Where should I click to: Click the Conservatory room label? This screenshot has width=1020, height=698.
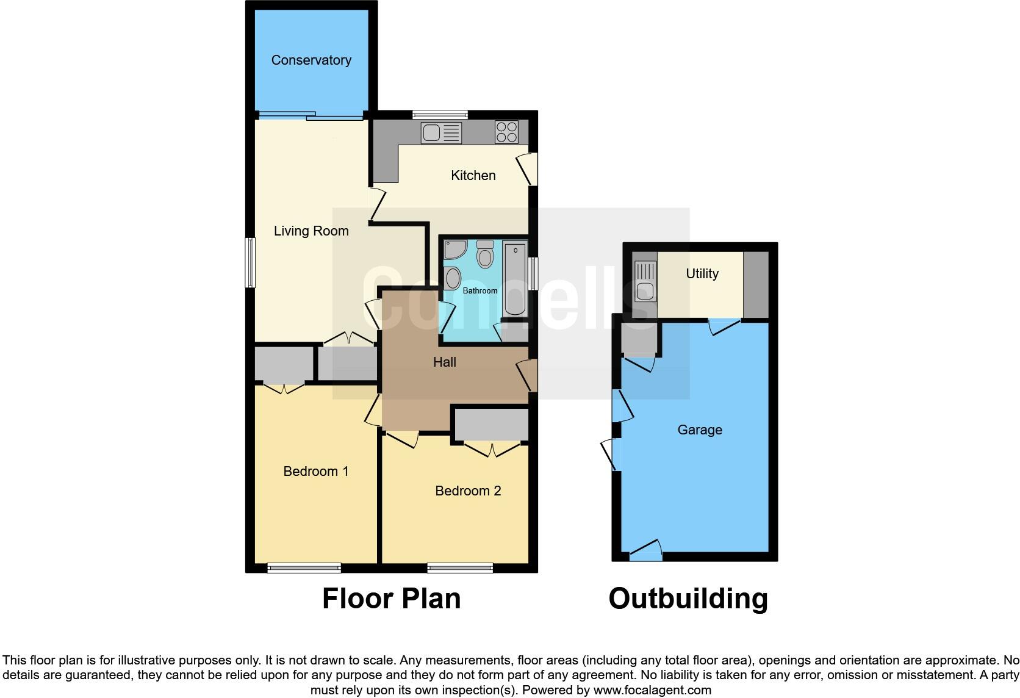[x=311, y=60]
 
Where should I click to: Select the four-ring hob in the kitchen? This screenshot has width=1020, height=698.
[x=507, y=132]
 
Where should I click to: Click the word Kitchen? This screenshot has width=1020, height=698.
[x=473, y=176]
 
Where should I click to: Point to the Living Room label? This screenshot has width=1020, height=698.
[x=311, y=231]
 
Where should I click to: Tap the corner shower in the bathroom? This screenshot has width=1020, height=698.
[x=454, y=249]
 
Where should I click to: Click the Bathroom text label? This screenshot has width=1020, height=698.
[x=480, y=290]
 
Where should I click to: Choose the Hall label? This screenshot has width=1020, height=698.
[x=444, y=362]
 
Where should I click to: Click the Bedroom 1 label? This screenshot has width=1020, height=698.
[x=315, y=471]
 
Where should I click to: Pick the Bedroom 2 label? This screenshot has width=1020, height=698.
[x=468, y=491]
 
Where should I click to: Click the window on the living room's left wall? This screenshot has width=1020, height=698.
[x=250, y=262]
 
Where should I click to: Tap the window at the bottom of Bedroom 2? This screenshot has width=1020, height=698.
[x=460, y=568]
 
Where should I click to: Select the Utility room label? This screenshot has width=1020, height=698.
[x=702, y=273]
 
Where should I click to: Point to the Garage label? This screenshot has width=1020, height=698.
[x=700, y=430]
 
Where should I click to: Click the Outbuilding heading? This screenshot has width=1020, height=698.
[x=688, y=599]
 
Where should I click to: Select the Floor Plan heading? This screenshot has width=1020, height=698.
[x=391, y=599]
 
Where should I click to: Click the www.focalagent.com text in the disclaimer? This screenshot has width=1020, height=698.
[x=652, y=691]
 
